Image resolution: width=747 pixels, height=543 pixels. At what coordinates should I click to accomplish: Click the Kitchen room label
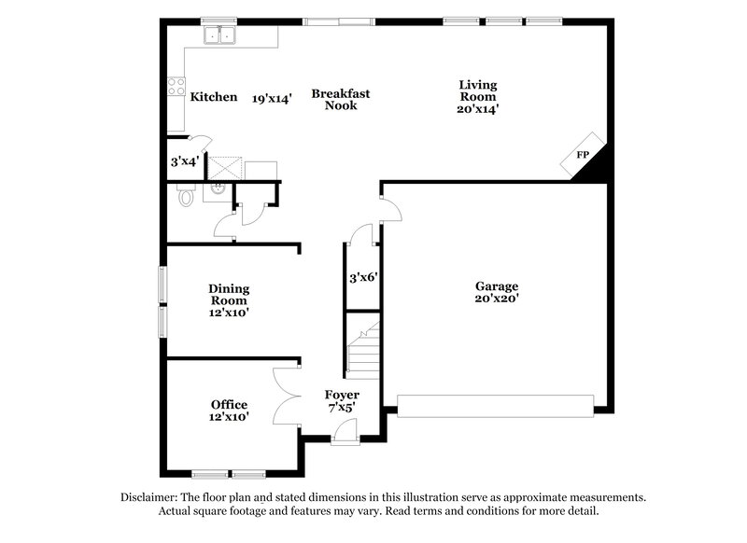(214, 97)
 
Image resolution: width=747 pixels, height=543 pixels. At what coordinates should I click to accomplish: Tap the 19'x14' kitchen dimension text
(273, 97)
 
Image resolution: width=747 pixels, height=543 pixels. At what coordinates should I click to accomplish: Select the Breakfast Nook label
(341, 99)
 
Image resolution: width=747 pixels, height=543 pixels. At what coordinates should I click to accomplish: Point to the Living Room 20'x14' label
(477, 97)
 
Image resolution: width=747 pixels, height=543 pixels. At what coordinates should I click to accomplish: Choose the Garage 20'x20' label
(496, 293)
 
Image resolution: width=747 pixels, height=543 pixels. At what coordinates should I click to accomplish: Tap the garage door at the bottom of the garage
(495, 404)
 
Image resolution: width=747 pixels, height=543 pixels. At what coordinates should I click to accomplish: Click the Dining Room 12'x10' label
(229, 301)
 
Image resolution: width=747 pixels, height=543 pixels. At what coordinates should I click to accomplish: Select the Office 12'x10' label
(229, 411)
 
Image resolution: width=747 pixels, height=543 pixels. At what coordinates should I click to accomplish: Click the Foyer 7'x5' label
(342, 401)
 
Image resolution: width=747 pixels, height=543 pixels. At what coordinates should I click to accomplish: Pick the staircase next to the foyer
(362, 346)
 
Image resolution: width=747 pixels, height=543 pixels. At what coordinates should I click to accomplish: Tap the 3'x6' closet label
(362, 277)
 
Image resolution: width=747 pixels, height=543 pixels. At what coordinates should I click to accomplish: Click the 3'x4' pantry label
(184, 161)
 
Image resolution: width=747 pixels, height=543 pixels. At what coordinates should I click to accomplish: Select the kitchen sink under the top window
(221, 36)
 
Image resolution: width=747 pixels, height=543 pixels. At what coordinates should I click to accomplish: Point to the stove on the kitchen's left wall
(175, 89)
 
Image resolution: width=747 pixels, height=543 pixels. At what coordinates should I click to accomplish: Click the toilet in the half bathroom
(185, 197)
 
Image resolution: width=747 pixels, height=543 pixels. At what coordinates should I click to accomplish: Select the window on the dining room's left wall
(162, 301)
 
